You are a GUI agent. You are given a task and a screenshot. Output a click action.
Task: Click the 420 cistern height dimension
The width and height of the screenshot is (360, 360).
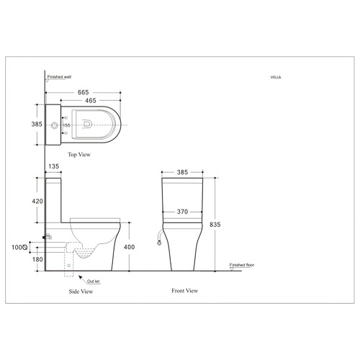pos(37,201)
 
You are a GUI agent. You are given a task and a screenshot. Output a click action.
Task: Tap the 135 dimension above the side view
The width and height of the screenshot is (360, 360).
pos(53,166)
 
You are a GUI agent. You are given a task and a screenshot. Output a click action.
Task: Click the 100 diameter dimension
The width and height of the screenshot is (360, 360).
pos(19,246)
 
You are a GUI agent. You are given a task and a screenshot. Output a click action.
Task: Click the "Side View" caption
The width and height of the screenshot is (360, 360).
pos(80,292)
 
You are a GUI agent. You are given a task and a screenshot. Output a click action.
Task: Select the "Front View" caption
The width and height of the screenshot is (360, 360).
pos(184,290)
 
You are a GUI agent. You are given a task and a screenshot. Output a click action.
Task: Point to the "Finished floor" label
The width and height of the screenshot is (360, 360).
pos(243,265)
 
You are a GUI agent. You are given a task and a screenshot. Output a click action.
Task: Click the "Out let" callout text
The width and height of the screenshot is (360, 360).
pos(94,282)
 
